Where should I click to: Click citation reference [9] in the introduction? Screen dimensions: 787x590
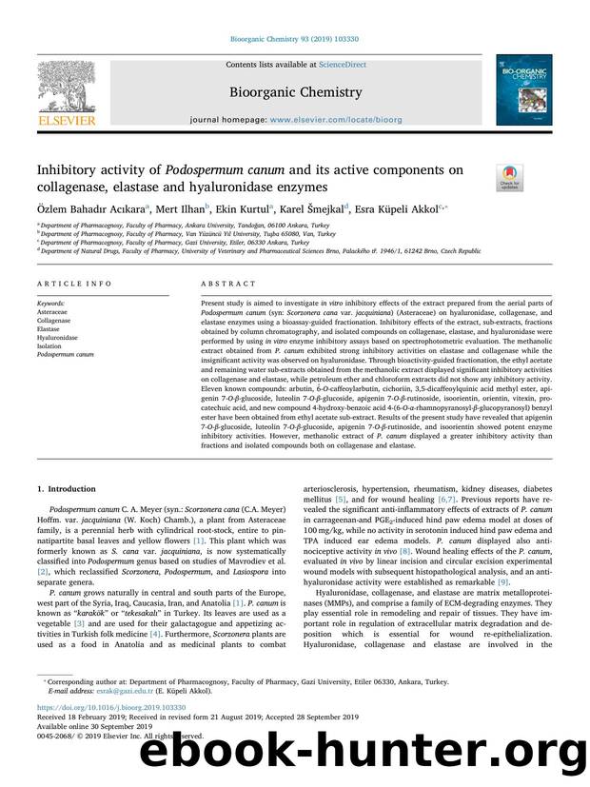[504, 607]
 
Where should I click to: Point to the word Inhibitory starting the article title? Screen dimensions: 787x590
[69, 170]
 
